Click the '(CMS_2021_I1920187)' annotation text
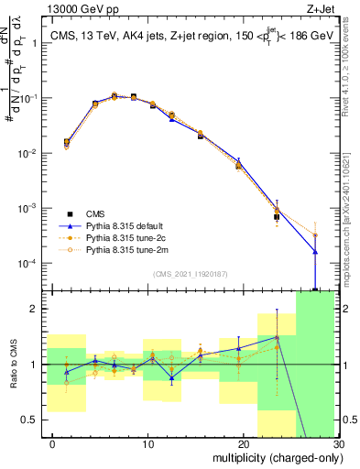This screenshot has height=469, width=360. [x=190, y=273]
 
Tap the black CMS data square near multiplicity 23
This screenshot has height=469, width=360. [x=277, y=217]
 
